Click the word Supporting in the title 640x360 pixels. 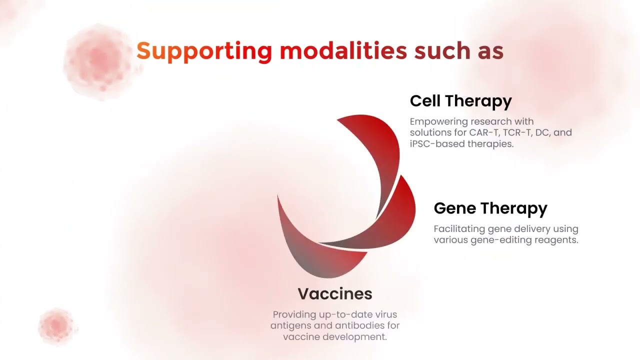[203, 51]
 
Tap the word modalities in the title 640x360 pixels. [343, 50]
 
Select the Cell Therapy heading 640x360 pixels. [461, 101]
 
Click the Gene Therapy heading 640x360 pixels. [490, 208]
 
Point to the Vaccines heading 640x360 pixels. [335, 293]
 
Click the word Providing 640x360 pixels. [294, 315]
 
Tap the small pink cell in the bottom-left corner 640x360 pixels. [57, 326]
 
